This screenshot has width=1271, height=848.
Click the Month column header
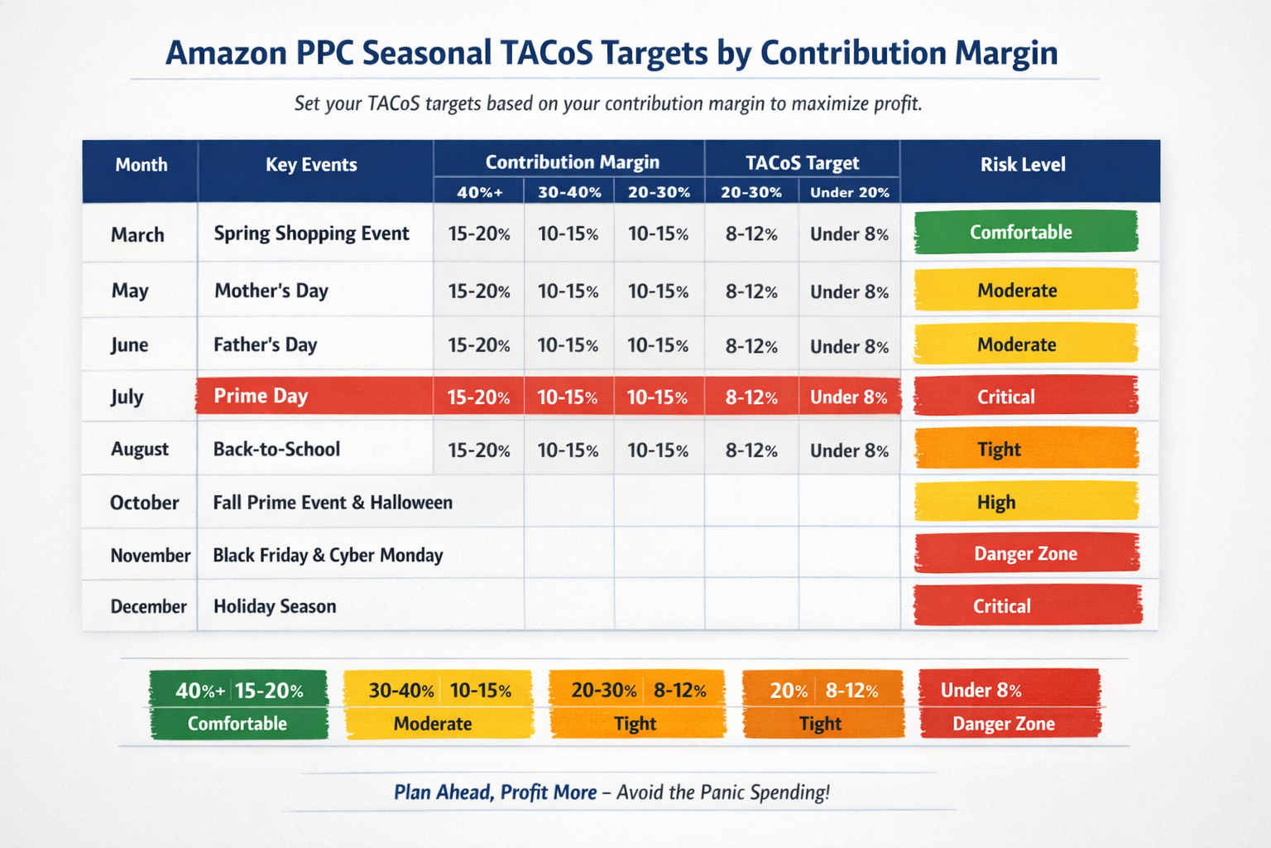point(141,165)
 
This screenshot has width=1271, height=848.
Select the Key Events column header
point(311,165)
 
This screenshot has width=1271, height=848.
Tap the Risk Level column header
point(1023,165)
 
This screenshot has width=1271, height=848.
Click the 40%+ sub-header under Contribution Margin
point(480,192)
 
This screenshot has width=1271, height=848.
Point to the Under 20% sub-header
point(849,192)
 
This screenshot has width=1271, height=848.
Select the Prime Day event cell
point(261,396)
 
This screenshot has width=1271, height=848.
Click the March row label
point(137,234)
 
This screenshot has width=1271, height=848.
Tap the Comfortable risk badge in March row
point(1025,232)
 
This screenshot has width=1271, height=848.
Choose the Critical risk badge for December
point(1027,605)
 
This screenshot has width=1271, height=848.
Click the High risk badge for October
point(1025,502)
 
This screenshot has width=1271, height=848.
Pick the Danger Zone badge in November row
point(1026,553)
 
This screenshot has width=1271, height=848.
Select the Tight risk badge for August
point(1025,449)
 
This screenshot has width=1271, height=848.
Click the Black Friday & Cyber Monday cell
point(328,555)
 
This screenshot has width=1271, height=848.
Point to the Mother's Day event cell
point(271,291)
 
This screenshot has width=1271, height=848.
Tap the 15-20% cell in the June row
point(478,345)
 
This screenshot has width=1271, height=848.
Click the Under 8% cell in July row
point(849,397)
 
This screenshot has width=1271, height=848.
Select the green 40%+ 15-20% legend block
point(238,706)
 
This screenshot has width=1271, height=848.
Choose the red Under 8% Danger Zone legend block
point(1010,706)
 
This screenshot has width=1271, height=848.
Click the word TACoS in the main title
point(547,53)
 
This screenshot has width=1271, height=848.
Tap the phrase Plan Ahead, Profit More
point(495,793)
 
